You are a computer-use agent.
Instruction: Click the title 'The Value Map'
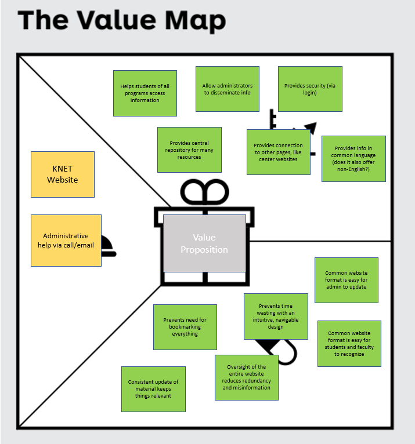point(122,21)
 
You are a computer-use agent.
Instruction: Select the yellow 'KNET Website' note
point(62,174)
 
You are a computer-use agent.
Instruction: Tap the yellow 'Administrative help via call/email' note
point(66,241)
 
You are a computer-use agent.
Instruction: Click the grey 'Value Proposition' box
point(204,243)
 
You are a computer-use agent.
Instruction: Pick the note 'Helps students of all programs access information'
point(145,93)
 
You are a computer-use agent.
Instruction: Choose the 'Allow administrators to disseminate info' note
point(227,89)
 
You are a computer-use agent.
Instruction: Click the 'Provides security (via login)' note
point(310,89)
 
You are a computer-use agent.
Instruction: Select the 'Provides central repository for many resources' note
point(189,150)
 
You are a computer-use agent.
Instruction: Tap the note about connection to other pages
point(278,152)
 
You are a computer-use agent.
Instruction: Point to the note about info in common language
point(353,159)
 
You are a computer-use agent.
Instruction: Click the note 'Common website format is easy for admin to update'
point(346,280)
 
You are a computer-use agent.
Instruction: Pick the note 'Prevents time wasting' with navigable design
point(276,316)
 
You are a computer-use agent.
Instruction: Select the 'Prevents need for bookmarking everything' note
point(185,327)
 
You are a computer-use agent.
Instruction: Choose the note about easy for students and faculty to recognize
point(349,344)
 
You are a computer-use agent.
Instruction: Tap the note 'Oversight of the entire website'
point(247,377)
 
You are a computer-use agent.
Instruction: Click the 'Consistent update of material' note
point(153,389)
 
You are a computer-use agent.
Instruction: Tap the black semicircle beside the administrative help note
point(108,246)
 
